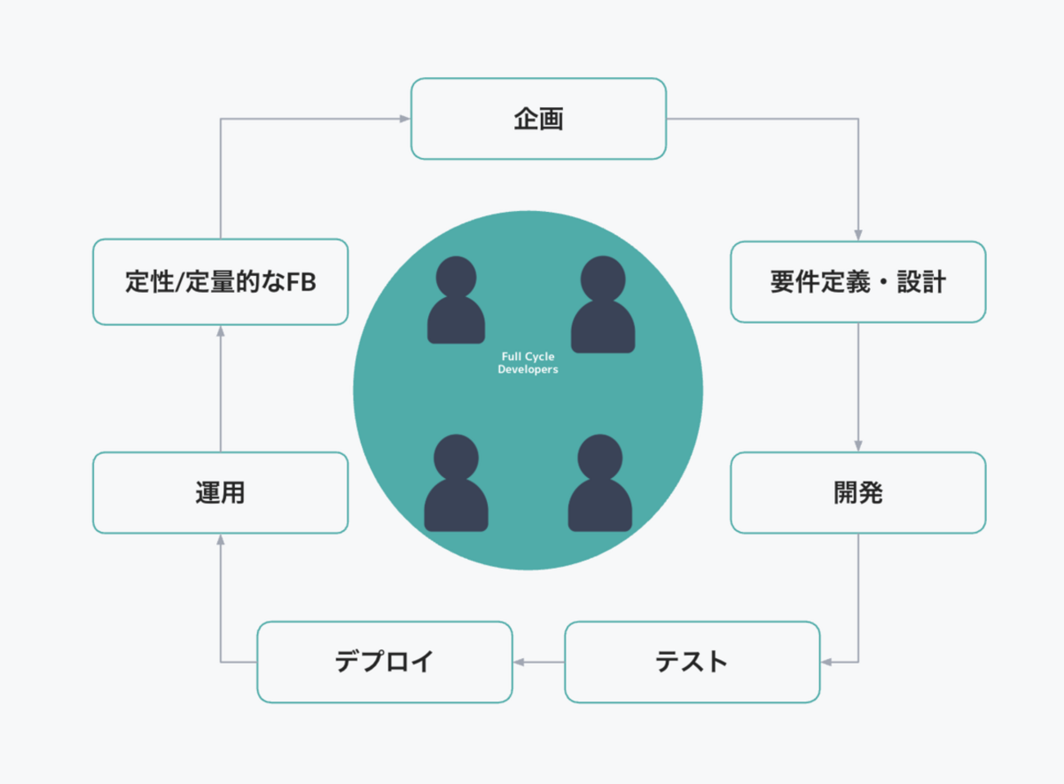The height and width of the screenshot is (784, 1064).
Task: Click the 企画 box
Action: (x=539, y=119)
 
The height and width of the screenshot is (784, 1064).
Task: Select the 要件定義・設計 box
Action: (x=858, y=282)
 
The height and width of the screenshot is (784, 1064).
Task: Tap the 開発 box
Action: (x=858, y=493)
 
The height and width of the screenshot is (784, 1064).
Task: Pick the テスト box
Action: (x=692, y=662)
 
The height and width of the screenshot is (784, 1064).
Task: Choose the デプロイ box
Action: (x=385, y=662)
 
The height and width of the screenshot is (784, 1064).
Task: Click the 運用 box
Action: (x=220, y=493)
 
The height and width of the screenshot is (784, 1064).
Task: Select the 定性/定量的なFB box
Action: (x=220, y=282)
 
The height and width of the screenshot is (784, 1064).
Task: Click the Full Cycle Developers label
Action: (x=528, y=363)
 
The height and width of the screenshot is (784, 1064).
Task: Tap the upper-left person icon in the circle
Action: (x=456, y=300)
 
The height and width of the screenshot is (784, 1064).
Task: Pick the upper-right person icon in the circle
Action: (x=602, y=304)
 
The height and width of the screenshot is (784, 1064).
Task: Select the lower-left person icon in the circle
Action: (x=456, y=483)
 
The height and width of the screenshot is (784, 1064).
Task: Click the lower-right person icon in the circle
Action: (x=600, y=483)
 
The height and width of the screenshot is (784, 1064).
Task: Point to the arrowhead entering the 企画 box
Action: (x=404, y=119)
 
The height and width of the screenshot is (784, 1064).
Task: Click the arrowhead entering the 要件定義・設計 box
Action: (x=858, y=235)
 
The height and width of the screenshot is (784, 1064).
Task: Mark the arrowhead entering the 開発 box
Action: (x=858, y=445)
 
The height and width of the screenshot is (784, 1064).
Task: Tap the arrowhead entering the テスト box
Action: (x=827, y=662)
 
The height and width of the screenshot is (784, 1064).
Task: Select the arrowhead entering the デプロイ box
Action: (x=519, y=662)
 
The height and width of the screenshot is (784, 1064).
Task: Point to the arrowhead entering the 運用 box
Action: (x=220, y=540)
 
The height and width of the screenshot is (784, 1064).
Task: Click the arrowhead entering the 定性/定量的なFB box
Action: (x=220, y=331)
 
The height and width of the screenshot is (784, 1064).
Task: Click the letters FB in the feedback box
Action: (x=301, y=282)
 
